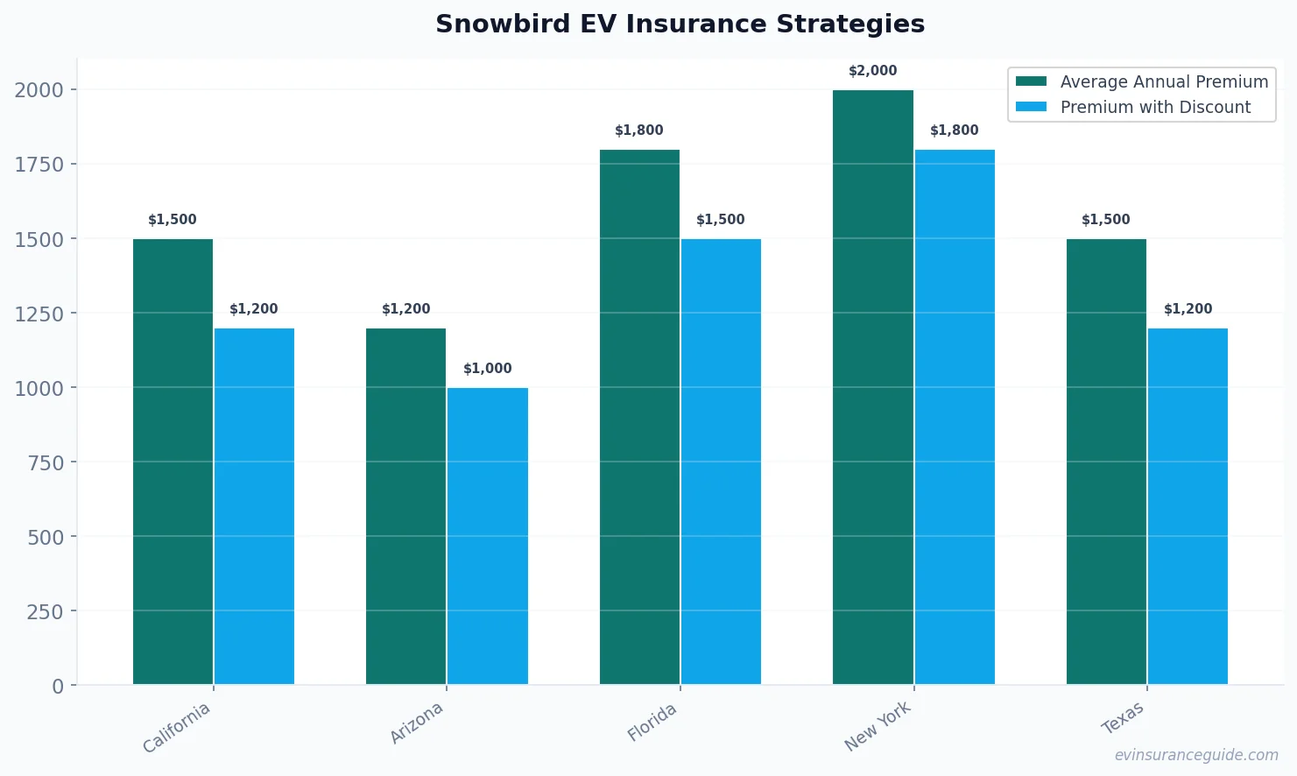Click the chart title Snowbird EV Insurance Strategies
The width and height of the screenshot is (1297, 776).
pos(680,24)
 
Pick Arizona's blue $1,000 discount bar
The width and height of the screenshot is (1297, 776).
pos(488,536)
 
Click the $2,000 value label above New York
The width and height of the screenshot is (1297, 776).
pos(873,71)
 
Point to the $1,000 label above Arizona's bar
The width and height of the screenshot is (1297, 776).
pos(488,369)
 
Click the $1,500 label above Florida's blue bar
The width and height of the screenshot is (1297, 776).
pos(721,220)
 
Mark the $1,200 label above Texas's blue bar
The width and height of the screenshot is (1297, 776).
pos(1188,309)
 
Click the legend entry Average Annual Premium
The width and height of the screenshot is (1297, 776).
pos(1163,81)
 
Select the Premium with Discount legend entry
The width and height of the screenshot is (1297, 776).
pos(1154,107)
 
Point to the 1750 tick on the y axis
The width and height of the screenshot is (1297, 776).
pos(39,165)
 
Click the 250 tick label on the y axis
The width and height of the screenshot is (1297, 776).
pos(45,611)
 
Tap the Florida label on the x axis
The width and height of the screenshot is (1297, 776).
pos(652,723)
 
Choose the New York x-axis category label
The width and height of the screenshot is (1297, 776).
pos(878,726)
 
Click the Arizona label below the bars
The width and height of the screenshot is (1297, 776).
pos(417,723)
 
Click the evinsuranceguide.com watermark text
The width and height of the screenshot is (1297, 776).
pos(1195,755)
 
